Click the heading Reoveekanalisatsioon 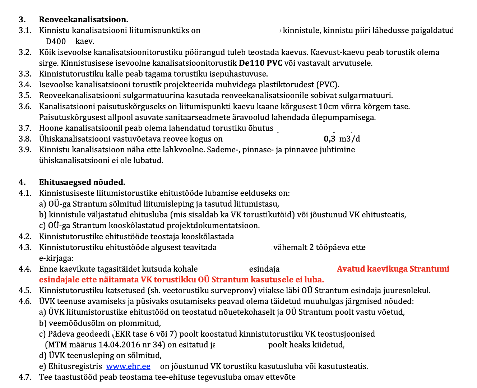coord(83,19)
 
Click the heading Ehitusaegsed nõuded coord(82,182)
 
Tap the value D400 coord(56,41)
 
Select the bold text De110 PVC coord(260,63)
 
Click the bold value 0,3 coord(329,139)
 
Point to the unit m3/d coord(349,139)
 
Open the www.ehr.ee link coord(128,366)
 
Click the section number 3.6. coord(25,107)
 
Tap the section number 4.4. coord(25,269)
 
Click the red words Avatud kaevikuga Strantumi coord(393,269)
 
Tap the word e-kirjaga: coord(56,258)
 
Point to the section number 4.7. coord(25,377)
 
